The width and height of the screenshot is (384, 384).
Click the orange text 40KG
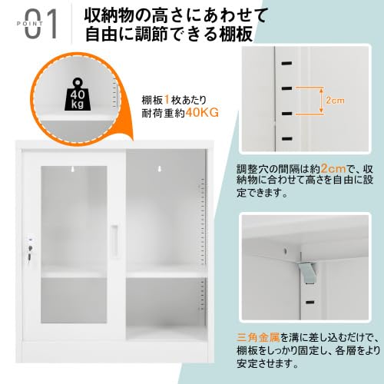pos(202,113)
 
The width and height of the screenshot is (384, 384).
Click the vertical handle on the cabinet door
pos(114,241)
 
